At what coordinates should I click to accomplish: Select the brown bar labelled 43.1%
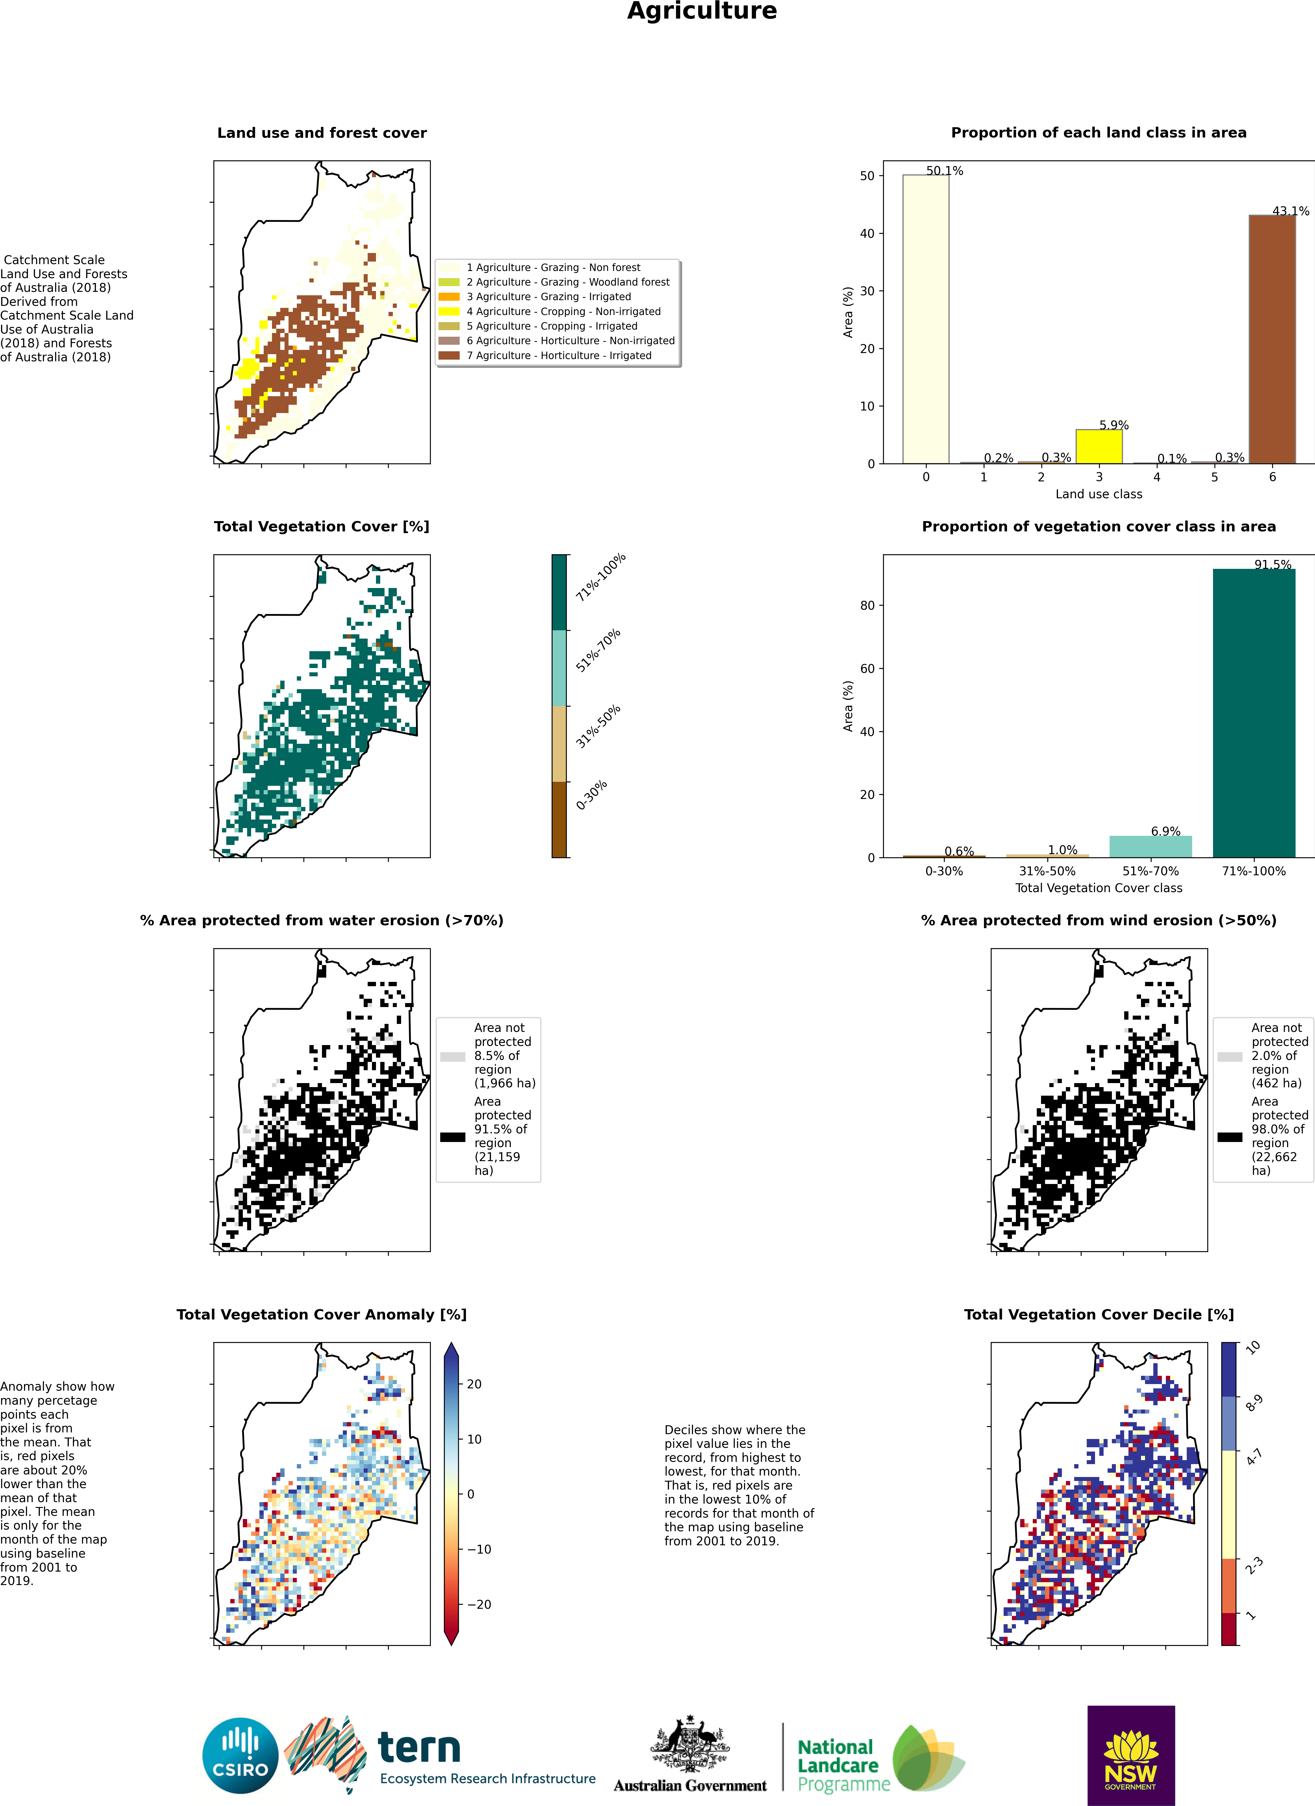click(1272, 339)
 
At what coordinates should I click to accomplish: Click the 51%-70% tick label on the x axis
click(1150, 871)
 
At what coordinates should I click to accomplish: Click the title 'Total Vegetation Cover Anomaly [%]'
click(322, 1315)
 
